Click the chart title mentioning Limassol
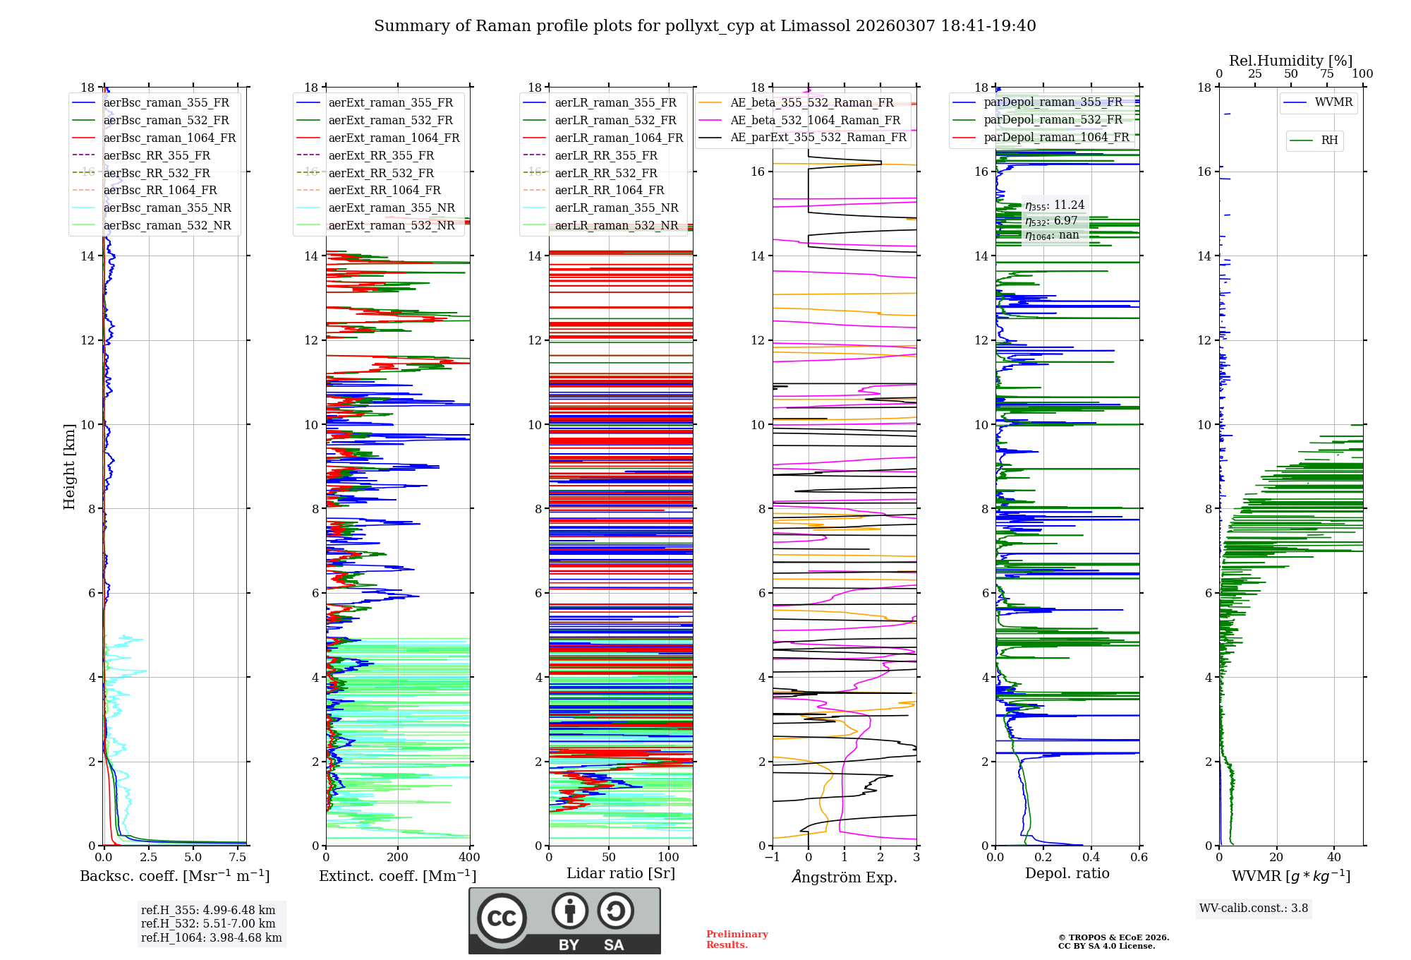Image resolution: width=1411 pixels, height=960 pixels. (x=705, y=26)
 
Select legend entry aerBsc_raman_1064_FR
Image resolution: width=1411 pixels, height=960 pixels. (x=169, y=138)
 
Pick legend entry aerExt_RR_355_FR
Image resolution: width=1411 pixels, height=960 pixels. (x=381, y=155)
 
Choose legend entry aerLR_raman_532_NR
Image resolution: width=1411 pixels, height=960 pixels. (x=616, y=225)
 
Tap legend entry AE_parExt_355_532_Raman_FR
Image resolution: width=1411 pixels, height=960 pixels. (x=818, y=137)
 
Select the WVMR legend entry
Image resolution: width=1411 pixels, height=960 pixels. (x=1333, y=102)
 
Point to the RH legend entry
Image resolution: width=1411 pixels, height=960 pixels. (x=1329, y=140)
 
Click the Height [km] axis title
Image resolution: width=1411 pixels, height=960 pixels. (x=69, y=466)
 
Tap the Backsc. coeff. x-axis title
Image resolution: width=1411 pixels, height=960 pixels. (x=174, y=876)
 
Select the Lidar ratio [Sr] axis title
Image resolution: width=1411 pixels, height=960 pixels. (x=621, y=873)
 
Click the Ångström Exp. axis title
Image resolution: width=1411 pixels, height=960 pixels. (x=844, y=877)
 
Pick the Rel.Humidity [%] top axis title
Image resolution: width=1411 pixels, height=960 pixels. (x=1290, y=61)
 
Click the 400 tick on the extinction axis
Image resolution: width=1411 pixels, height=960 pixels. (x=469, y=858)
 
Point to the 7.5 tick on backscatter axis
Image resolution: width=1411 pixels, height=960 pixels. (x=238, y=858)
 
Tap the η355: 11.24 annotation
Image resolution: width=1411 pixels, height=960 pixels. (x=1055, y=205)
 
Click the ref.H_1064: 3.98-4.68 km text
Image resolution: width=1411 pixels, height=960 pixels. (x=211, y=937)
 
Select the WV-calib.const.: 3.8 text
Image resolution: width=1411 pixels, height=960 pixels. (x=1254, y=908)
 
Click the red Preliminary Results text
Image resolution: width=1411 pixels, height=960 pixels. (x=737, y=939)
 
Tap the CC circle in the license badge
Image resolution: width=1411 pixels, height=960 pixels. (x=502, y=918)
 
